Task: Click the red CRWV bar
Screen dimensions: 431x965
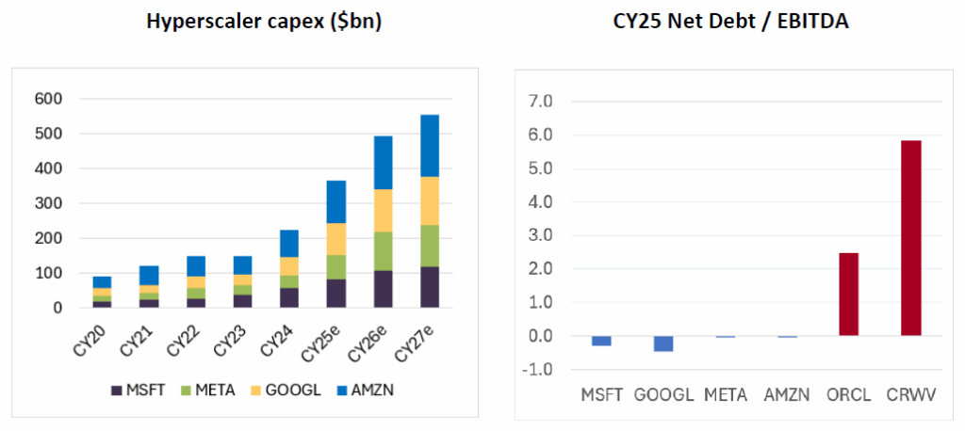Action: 910,238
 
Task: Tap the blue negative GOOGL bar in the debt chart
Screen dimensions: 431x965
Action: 662,343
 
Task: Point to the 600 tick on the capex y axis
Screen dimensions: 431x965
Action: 50,99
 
